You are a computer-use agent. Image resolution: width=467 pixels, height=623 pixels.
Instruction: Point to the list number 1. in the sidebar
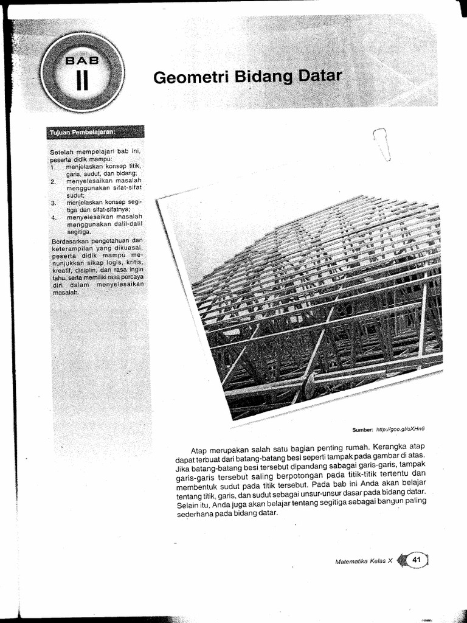(54, 166)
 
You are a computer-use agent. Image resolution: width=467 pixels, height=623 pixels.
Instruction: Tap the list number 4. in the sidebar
(54, 217)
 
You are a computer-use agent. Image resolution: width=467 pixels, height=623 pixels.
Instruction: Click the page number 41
(417, 560)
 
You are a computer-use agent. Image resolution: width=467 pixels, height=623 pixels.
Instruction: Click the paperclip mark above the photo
(381, 143)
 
